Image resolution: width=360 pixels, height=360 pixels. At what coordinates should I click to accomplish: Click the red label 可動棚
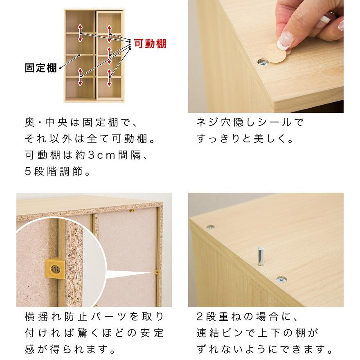151,43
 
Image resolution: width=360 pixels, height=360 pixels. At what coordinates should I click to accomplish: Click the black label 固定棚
41,68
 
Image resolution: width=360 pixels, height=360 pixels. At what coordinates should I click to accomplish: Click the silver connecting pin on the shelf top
260,256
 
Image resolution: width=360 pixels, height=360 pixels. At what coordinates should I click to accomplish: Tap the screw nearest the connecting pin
281,280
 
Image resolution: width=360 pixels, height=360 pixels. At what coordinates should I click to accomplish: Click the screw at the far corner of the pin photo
210,226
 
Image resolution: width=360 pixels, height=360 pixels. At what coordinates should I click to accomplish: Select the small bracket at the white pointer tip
157,272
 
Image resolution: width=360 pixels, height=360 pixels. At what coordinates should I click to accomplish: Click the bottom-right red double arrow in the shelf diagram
109,77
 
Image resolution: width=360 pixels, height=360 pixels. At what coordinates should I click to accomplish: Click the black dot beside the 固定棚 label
61,68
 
